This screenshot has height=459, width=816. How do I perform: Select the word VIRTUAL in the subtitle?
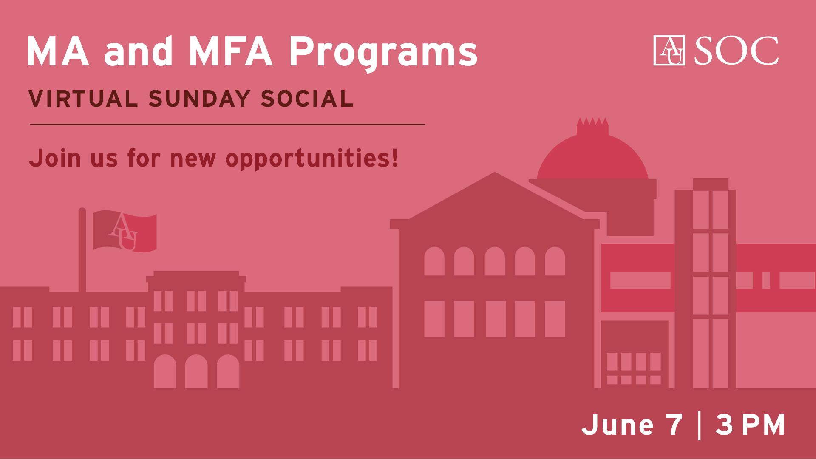(83, 99)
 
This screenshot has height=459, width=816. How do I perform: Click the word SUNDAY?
(199, 99)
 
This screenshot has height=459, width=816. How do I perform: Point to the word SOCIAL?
(307, 99)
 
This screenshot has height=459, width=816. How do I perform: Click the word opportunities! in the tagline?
(312, 159)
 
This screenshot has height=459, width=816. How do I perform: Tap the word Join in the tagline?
(55, 158)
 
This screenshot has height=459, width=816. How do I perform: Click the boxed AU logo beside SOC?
(669, 51)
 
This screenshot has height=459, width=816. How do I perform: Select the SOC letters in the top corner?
(737, 51)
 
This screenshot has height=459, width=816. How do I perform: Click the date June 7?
(632, 425)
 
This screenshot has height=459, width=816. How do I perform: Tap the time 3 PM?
(750, 425)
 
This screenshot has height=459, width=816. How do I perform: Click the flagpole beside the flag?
(82, 249)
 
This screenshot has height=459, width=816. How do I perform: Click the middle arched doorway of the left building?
(196, 371)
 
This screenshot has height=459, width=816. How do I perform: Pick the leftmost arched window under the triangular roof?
(434, 261)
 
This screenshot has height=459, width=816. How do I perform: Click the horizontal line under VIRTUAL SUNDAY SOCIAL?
(227, 125)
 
